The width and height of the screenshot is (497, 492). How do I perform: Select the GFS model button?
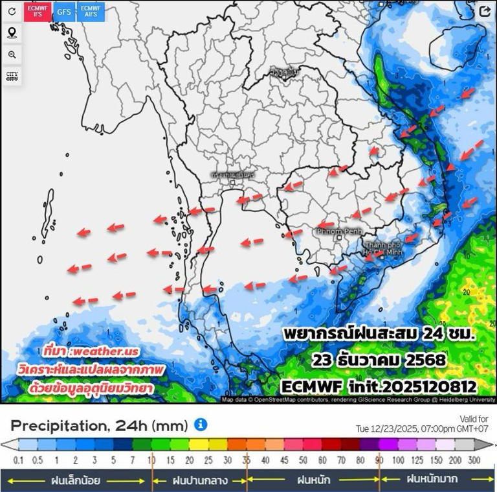pos(63,11)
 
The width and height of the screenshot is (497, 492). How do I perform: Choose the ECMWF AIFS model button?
pos(89,11)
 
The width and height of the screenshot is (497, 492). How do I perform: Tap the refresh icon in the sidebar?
pos(12,12)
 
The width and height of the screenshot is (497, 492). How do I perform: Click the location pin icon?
pos(12,33)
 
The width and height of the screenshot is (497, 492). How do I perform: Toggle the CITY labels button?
pos(12,76)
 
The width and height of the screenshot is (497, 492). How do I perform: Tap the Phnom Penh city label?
pos(338,230)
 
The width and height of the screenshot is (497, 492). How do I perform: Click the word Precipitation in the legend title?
pos(57,426)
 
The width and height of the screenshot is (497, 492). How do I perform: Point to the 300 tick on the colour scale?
pos(474,460)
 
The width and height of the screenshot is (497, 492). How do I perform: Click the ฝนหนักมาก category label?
pos(432,480)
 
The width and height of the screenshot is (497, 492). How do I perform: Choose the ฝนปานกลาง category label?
pos(199,480)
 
